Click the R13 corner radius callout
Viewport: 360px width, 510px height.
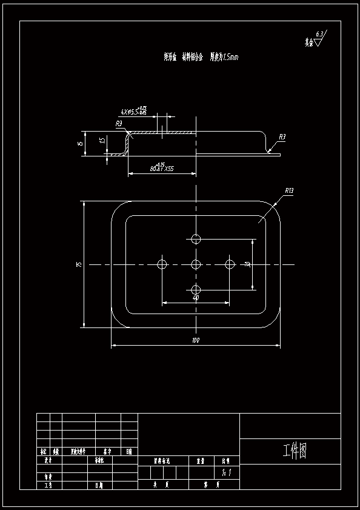[289, 191]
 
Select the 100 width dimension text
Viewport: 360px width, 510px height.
[195, 341]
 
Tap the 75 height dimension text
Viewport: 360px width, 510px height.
[78, 264]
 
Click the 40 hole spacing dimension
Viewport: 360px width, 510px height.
[195, 298]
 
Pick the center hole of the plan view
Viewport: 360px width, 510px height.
[196, 264]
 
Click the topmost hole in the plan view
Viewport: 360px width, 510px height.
[196, 238]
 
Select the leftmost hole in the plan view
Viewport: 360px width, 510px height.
[162, 264]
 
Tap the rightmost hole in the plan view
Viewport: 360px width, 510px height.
[230, 264]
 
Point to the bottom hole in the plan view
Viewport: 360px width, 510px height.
[196, 289]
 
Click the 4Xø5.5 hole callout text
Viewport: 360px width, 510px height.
[133, 111]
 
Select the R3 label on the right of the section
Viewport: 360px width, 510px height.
[282, 138]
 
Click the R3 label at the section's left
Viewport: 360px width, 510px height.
[119, 124]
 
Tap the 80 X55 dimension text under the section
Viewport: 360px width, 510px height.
[161, 169]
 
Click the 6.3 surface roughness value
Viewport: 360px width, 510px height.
[320, 34]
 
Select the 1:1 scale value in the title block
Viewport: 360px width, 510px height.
[226, 471]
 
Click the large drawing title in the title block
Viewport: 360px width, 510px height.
[295, 451]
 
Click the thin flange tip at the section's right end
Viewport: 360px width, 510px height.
[276, 153]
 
